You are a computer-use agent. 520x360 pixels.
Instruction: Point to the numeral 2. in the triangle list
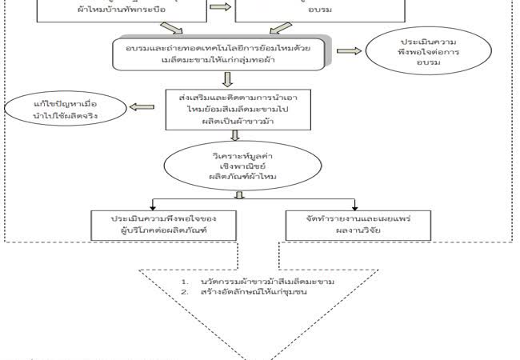click(x=184, y=293)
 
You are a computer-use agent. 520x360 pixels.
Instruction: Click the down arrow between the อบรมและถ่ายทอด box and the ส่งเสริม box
click(x=228, y=78)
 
